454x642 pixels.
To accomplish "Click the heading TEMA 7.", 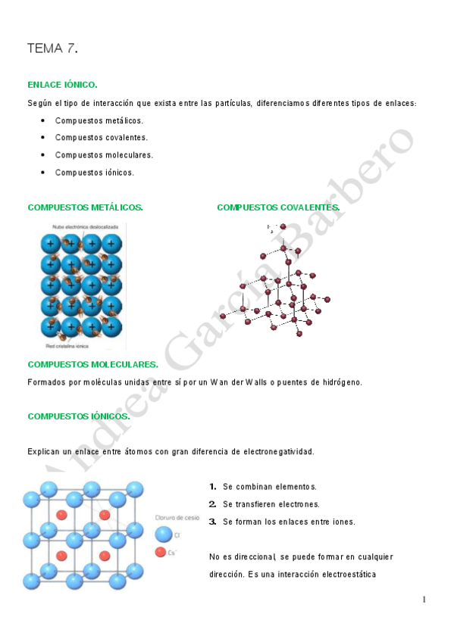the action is pyautogui.click(x=52, y=49).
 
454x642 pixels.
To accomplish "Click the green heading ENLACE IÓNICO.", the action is pyautogui.click(x=62, y=85).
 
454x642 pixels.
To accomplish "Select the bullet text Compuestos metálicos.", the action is pyautogui.click(x=99, y=120).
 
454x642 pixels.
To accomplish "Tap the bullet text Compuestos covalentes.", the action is pyautogui.click(x=102, y=138).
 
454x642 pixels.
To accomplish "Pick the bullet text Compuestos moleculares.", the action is pyautogui.click(x=104, y=155).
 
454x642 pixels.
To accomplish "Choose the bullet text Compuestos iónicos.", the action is pyautogui.click(x=94, y=173).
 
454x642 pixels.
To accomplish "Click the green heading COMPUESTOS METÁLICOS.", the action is pyautogui.click(x=85, y=207).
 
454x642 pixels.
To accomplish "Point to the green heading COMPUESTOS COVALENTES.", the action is pyautogui.click(x=278, y=207).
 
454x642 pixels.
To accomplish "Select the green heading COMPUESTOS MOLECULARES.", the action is pyautogui.click(x=92, y=365).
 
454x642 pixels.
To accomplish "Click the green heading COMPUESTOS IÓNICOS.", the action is pyautogui.click(x=78, y=416).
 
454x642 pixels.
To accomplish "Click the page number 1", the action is pyautogui.click(x=424, y=600).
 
